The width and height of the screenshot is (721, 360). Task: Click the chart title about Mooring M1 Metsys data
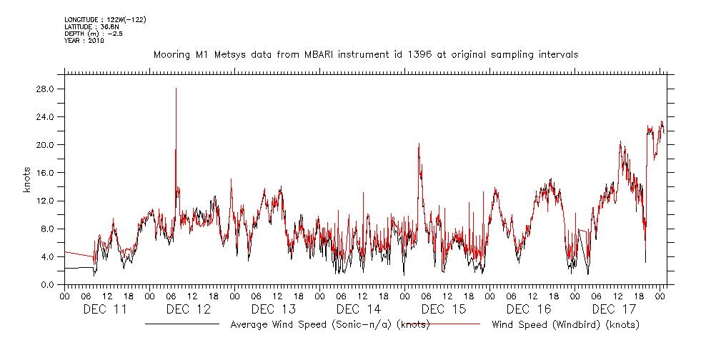[x=365, y=54]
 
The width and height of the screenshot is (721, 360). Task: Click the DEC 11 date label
[x=106, y=309]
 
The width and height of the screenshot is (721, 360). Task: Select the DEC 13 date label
[x=274, y=309]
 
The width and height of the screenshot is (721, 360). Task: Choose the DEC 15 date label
[x=444, y=309]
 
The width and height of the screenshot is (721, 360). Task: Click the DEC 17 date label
[x=613, y=309]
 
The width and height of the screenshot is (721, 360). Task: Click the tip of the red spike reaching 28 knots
[x=176, y=89]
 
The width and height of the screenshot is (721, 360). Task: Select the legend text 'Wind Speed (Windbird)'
[x=565, y=325]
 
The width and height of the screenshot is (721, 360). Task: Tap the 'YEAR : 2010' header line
[x=84, y=41]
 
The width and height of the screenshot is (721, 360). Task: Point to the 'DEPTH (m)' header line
[x=90, y=34]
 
